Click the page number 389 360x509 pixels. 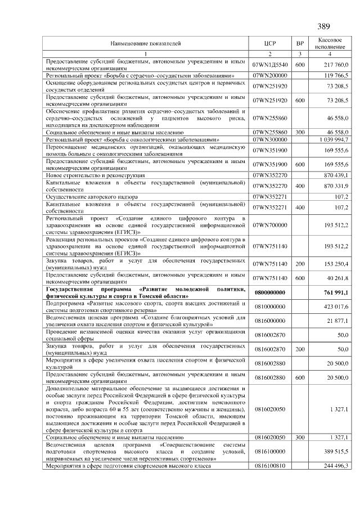pos(323,26)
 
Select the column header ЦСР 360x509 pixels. pos(270,43)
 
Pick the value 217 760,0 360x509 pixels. pos(337,65)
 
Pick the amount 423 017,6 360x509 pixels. pos(337,307)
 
